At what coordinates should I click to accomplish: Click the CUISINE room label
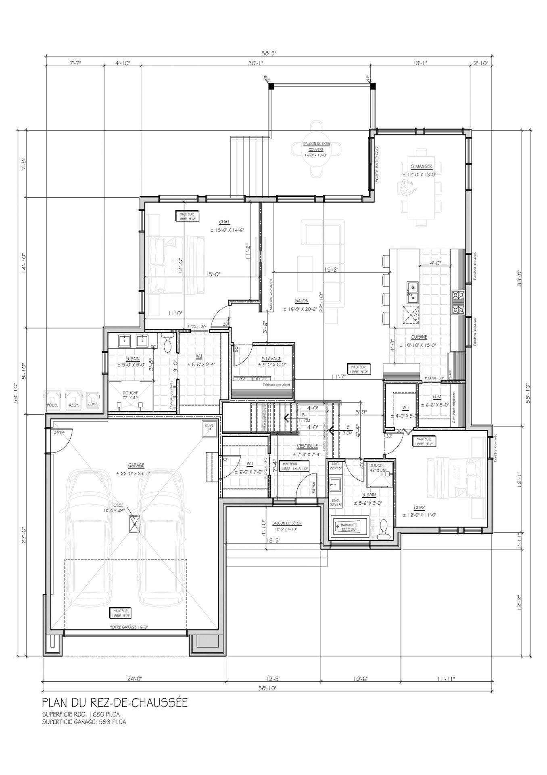click(419, 337)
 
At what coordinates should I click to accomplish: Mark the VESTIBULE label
click(307, 446)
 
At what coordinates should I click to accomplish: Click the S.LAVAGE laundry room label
click(271, 358)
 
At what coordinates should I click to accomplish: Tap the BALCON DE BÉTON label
click(287, 523)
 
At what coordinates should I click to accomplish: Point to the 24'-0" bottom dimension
click(134, 679)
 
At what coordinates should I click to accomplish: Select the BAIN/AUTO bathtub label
click(349, 526)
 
